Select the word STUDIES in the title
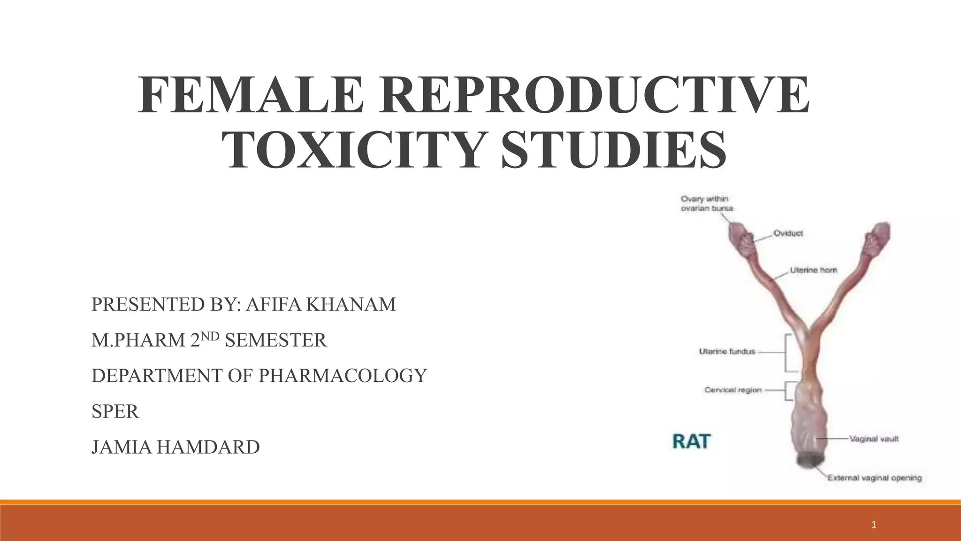(x=614, y=150)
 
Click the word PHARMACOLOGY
(x=343, y=376)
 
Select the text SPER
(x=115, y=411)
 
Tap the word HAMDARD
(x=208, y=447)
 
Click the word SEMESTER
(x=276, y=340)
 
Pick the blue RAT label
(x=691, y=442)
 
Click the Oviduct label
(x=788, y=233)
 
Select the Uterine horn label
(x=813, y=270)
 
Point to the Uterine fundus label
(x=727, y=351)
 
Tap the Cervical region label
(x=733, y=390)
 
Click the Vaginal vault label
(x=874, y=439)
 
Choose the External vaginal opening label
(x=874, y=478)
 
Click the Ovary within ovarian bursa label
(x=707, y=203)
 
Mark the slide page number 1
(x=873, y=525)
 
